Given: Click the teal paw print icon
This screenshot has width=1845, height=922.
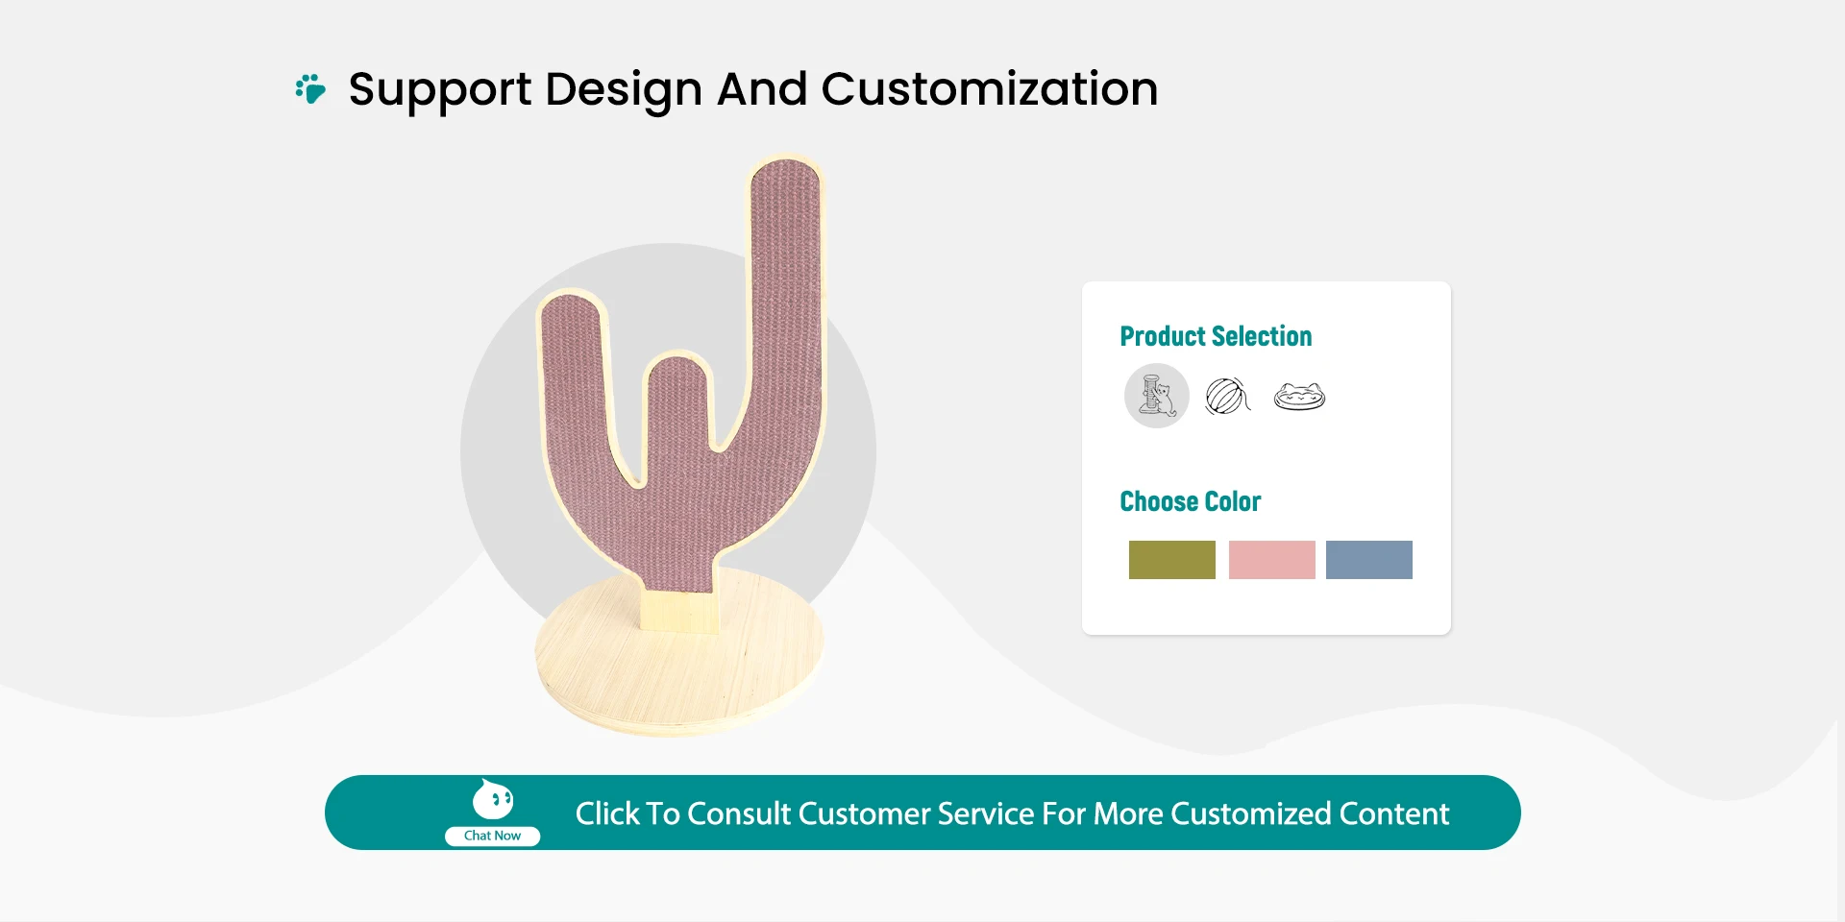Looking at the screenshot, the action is tap(310, 88).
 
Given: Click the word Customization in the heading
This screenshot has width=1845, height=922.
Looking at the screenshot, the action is tap(989, 89).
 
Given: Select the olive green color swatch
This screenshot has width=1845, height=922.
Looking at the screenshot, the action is tap(1171, 560).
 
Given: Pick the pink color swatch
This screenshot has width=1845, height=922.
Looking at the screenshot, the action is tap(1271, 560).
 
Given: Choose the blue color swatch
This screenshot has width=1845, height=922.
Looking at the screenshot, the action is tap(1368, 560).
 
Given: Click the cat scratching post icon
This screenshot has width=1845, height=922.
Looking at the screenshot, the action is tap(1157, 396).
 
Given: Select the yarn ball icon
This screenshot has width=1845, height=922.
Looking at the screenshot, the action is tap(1227, 396).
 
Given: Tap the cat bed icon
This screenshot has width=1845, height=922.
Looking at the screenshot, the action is tap(1299, 396).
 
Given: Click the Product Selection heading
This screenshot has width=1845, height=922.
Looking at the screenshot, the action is tap(1216, 336).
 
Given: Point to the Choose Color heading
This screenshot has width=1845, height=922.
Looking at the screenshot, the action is tap(1190, 501).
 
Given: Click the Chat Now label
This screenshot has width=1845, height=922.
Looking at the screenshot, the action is tap(492, 836).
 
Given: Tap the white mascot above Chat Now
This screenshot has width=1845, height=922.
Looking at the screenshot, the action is tap(493, 799).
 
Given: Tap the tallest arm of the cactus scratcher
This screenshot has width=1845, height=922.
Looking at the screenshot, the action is tap(786, 288).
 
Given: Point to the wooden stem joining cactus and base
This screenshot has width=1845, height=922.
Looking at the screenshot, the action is tap(678, 611).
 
